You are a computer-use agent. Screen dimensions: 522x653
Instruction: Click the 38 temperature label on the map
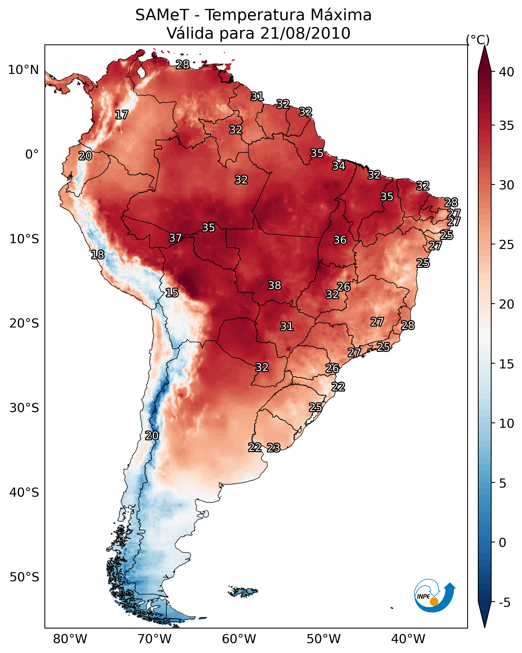pos(275,285)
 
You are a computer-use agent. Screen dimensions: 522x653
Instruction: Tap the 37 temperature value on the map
pos(176,238)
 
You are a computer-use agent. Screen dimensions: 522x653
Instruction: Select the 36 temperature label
pos(340,240)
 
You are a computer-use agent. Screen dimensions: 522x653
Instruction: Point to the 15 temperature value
pos(172,293)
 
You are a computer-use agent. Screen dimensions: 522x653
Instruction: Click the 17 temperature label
pos(122,115)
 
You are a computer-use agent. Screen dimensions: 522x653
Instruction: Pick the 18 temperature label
pos(98,255)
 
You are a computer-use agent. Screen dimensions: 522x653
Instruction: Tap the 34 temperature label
pos(339,166)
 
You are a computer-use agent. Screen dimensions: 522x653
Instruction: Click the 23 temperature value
pos(274,448)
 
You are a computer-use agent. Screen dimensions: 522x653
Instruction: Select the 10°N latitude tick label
pos(23,70)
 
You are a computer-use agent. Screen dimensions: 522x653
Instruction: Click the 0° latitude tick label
pos(32,155)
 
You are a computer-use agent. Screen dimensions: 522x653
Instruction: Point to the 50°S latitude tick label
pos(24,577)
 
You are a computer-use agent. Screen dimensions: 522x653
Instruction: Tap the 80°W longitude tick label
pos(70,639)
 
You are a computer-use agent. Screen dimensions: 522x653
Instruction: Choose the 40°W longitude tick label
pos(408,639)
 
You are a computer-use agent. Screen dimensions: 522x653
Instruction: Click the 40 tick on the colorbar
pos(507,72)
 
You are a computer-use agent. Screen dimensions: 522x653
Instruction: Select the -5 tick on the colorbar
pos(505,603)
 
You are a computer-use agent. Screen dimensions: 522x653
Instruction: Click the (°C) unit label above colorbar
pos(478,40)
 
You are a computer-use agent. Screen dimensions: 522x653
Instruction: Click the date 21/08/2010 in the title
pos(305,34)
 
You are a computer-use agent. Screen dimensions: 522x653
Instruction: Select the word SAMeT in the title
pos(162,15)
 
